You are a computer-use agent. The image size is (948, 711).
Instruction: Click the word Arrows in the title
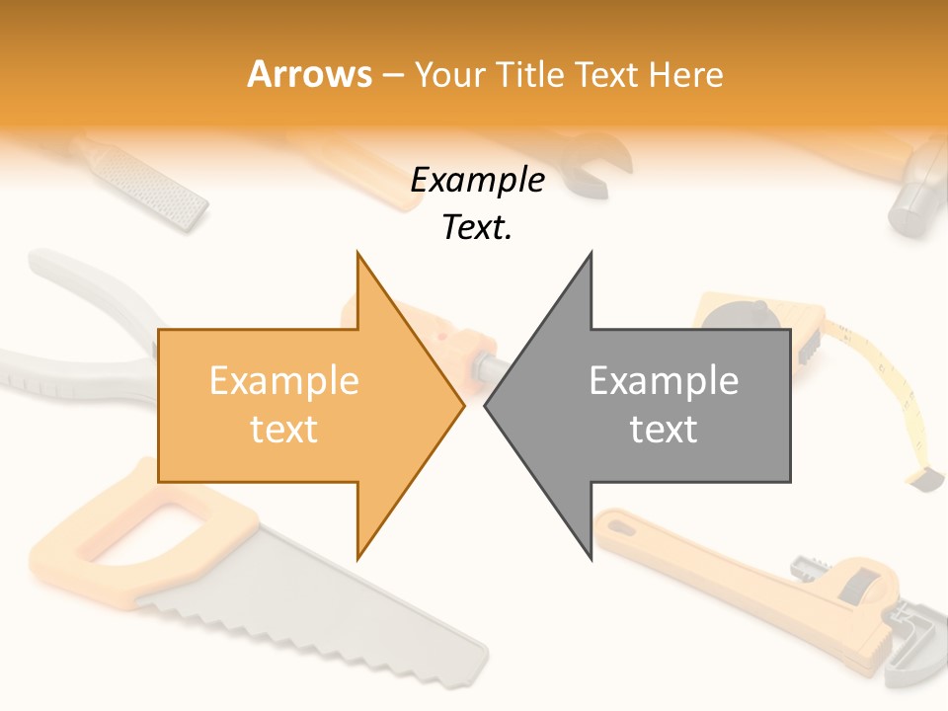310,74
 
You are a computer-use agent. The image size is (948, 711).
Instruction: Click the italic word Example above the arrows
477,181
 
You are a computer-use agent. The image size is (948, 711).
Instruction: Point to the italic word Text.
477,228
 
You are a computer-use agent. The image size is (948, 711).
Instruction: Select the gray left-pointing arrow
652,405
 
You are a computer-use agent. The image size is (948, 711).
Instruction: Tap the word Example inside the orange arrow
284,381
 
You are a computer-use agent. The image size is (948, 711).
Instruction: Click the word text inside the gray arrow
664,430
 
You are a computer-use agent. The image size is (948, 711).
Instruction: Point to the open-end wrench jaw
602,163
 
